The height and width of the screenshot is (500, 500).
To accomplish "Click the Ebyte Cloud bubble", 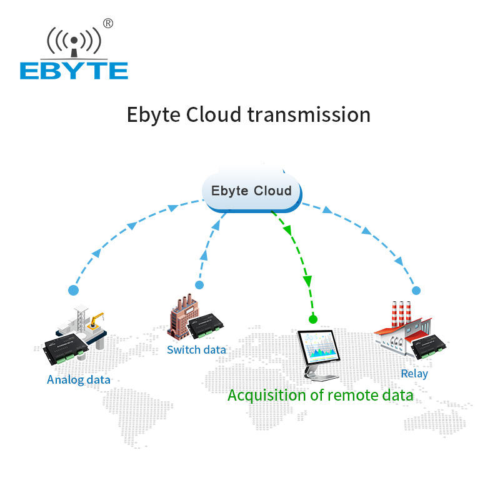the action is point(251,190).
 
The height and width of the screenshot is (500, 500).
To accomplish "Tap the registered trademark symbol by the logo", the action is point(108,23).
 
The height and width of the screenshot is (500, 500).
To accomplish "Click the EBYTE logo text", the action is point(74,71).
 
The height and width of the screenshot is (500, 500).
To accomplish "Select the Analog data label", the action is point(79,379).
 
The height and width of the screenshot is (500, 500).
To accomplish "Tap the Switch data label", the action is point(196,349).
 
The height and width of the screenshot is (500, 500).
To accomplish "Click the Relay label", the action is point(414,374).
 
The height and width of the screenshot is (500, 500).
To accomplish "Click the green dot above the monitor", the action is point(313,319).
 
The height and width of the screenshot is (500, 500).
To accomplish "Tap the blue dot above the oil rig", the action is point(74,291).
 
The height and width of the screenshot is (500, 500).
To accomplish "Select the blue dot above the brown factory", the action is point(199,285).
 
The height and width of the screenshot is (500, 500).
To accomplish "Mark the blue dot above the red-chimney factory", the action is point(416,291).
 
